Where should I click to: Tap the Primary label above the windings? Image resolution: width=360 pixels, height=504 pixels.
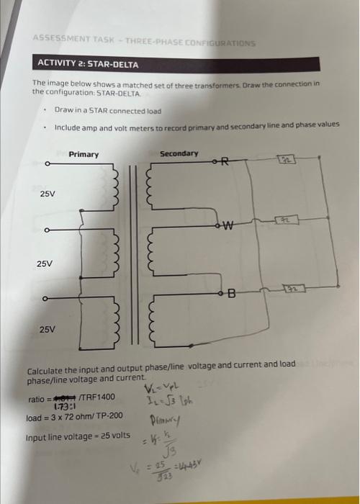tap(84, 155)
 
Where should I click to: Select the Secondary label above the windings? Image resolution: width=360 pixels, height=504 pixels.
tap(179, 153)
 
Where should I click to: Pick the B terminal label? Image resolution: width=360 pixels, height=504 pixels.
tap(231, 292)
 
